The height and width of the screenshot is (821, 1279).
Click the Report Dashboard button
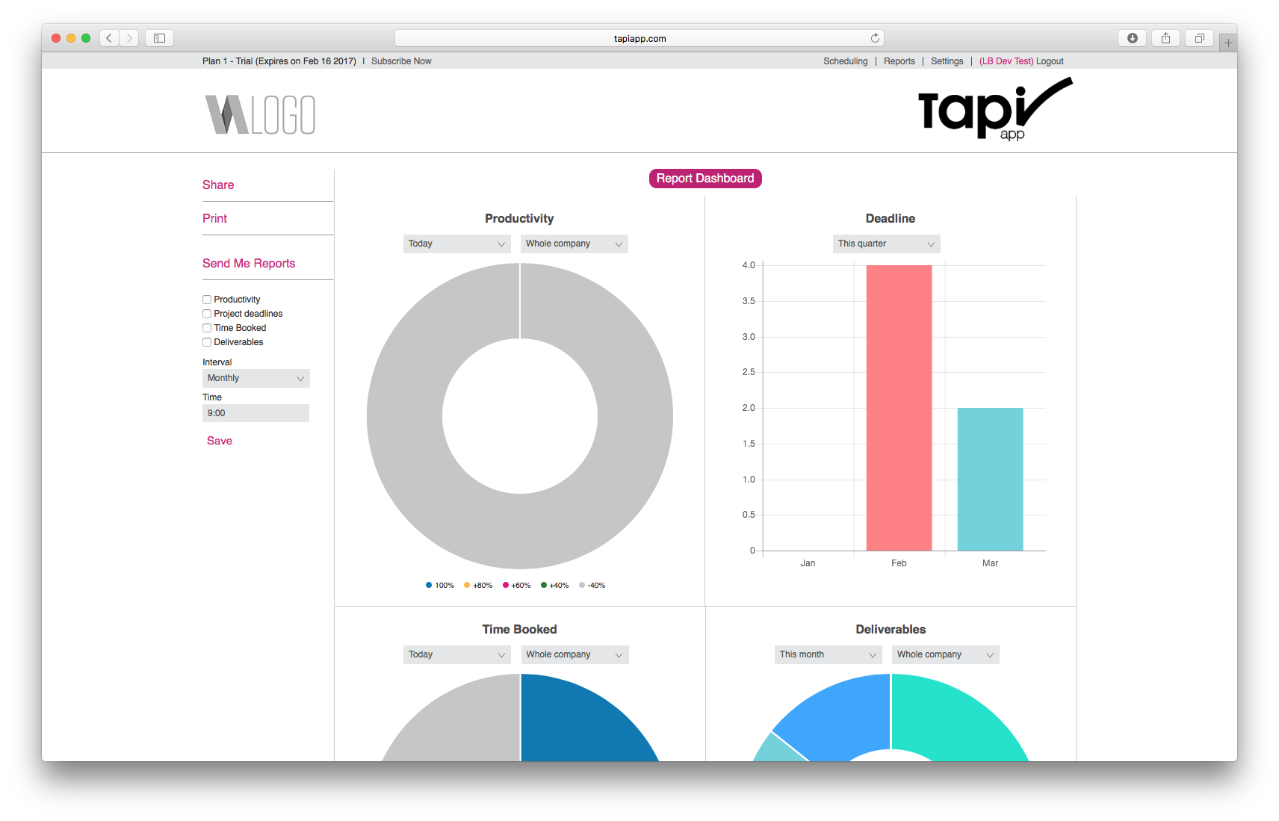(705, 178)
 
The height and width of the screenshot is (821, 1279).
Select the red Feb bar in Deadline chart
(899, 408)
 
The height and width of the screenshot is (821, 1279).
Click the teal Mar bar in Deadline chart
(990, 479)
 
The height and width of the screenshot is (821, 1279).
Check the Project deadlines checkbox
(207, 314)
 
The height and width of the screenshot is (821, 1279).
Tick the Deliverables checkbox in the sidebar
(207, 342)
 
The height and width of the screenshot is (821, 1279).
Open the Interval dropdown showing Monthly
(256, 378)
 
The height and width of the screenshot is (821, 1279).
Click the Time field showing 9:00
(256, 413)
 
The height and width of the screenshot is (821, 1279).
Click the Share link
(218, 185)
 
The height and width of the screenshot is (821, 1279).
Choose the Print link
(214, 218)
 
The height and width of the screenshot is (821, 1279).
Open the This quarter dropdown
(886, 244)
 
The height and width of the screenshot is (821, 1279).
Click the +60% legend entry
(517, 585)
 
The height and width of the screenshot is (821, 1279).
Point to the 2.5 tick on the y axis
(749, 372)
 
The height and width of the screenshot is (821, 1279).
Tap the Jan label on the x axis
(808, 563)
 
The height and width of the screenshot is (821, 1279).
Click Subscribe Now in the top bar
(401, 61)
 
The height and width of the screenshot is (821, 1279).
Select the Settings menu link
(947, 61)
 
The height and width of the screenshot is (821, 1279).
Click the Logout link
(1050, 61)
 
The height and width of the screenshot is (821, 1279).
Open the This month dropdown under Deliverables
(828, 654)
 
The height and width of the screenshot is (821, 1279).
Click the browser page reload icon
(875, 38)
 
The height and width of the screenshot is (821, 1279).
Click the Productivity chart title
(519, 218)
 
